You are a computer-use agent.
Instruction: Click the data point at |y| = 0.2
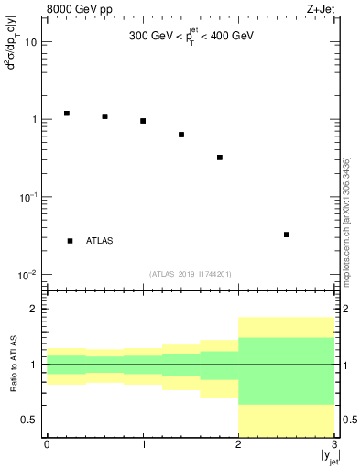(67, 114)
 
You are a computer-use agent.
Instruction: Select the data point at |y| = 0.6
(105, 116)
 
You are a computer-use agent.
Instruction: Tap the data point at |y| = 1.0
(143, 121)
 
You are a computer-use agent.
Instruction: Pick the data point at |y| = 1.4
(181, 135)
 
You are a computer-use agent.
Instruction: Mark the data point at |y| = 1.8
(220, 158)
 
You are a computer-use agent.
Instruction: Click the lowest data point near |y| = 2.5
(287, 234)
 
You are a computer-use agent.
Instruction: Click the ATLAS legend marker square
(71, 241)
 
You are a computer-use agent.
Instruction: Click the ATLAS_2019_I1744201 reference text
(191, 273)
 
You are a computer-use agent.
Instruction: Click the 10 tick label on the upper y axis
(31, 42)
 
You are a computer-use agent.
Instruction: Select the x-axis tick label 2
(238, 444)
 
